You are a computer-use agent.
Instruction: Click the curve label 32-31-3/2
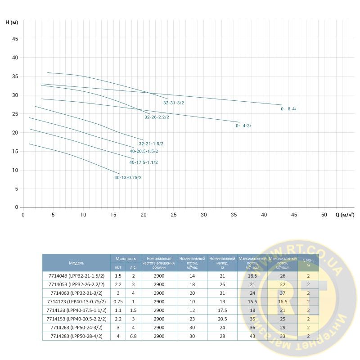coord(173,103)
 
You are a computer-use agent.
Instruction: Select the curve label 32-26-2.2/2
coord(157,117)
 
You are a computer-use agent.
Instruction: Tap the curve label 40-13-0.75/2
coord(128,177)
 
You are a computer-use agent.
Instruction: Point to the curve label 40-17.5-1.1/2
coord(144,162)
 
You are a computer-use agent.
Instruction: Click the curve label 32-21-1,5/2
coord(151,144)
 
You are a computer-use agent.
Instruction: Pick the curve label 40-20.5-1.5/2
coord(144,151)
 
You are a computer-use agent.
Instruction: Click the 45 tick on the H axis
coord(15,39)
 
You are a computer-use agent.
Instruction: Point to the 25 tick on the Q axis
coord(174,215)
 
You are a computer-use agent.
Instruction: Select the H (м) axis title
coord(12,22)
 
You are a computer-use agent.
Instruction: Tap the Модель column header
coord(76,263)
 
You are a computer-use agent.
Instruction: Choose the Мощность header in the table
coord(126,259)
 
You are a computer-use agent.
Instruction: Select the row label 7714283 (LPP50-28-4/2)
coord(76,336)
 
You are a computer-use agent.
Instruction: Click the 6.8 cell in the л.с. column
coord(133,336)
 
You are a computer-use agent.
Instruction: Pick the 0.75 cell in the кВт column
coord(118,301)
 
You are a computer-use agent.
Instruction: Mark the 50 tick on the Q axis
coord(324,215)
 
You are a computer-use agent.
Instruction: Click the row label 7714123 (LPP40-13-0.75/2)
coord(76,301)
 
